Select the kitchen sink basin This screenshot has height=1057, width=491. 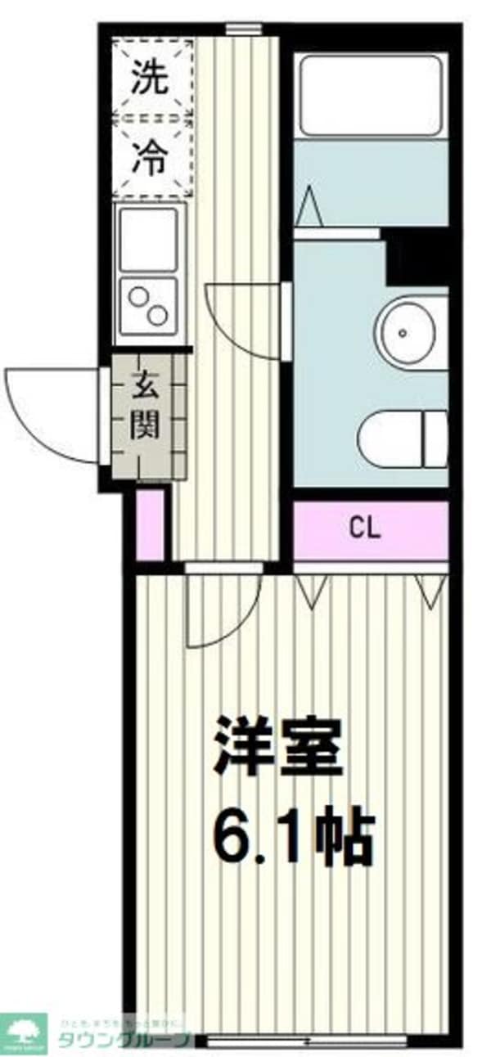pos(149,239)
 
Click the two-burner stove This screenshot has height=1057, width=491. pos(149,305)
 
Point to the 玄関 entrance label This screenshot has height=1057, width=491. pos(146,406)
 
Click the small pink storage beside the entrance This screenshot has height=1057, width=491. pos(151,524)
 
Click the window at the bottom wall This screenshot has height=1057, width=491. pos(305,1041)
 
